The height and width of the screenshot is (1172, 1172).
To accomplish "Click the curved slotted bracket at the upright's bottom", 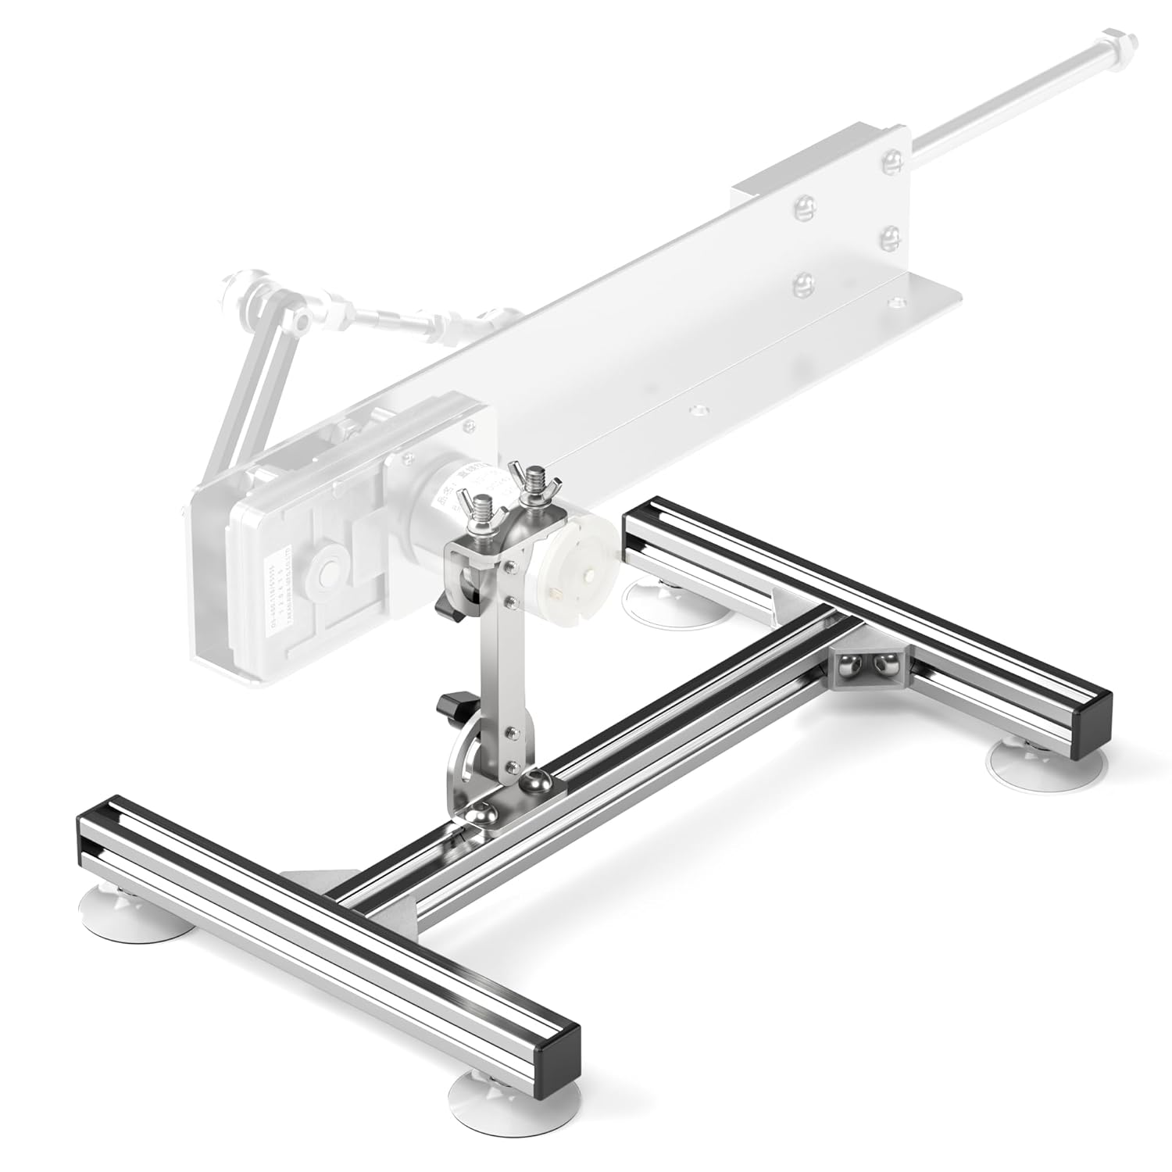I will [x=466, y=765].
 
